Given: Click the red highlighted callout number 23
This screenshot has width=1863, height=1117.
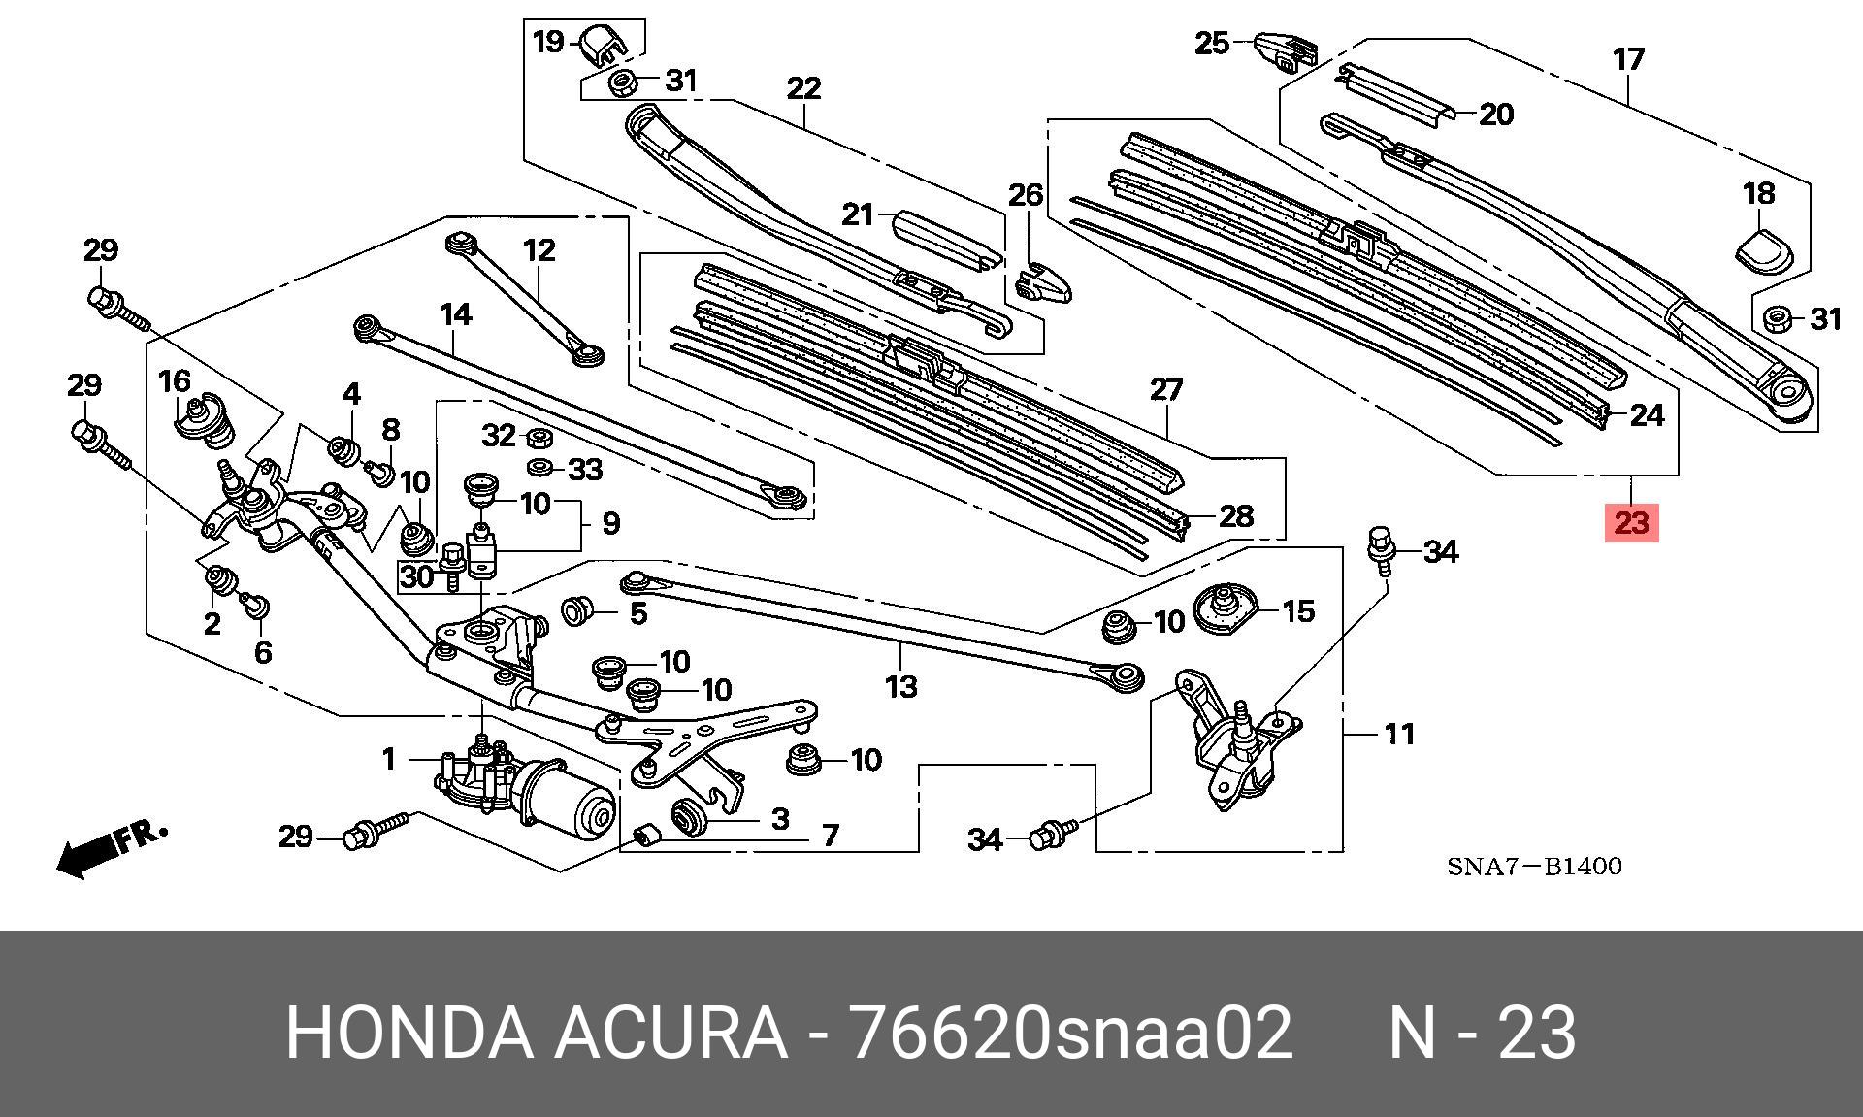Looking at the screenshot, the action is click(x=1631, y=524).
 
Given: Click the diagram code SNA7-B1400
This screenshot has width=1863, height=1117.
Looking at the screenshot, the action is click(x=1534, y=866).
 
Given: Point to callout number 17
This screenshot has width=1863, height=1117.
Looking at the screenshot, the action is click(x=1629, y=59).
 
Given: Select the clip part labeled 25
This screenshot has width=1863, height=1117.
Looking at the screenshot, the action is click(x=1283, y=51).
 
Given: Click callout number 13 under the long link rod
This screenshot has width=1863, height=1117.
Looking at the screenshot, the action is click(x=900, y=687).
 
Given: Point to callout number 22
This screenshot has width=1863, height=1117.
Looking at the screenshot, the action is click(x=803, y=89).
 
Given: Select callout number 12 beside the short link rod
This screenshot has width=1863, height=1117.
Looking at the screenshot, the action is click(x=539, y=250).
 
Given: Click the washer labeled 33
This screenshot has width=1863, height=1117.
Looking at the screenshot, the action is click(x=540, y=469).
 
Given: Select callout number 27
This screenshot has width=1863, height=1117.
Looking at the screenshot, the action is click(x=1166, y=390).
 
